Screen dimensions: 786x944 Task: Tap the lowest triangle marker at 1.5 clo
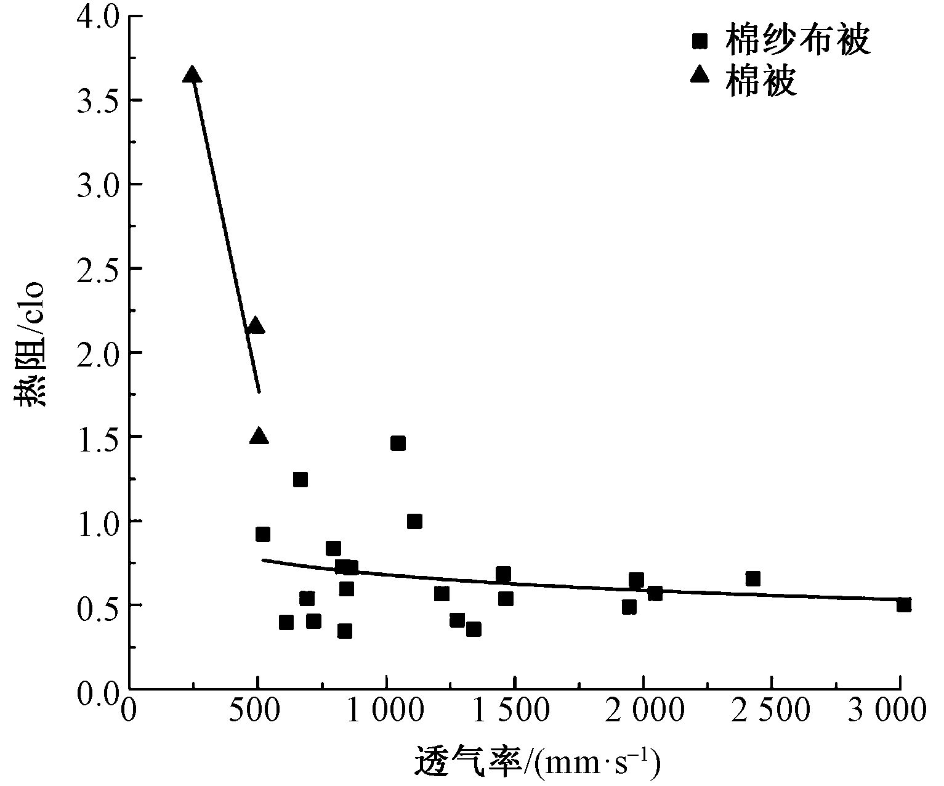[x=259, y=437]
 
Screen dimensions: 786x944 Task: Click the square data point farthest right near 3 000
[x=903, y=605]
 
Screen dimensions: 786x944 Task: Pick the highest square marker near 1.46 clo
[x=398, y=444]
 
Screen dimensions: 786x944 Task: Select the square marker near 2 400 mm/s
[x=752, y=578]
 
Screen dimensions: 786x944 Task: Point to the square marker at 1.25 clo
[x=300, y=480]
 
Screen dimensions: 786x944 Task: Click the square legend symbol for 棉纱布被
[x=700, y=41]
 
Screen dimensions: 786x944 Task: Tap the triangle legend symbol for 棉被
[x=700, y=75]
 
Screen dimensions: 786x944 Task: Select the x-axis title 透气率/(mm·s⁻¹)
[x=538, y=762]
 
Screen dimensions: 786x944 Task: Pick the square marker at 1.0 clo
[x=414, y=522]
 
